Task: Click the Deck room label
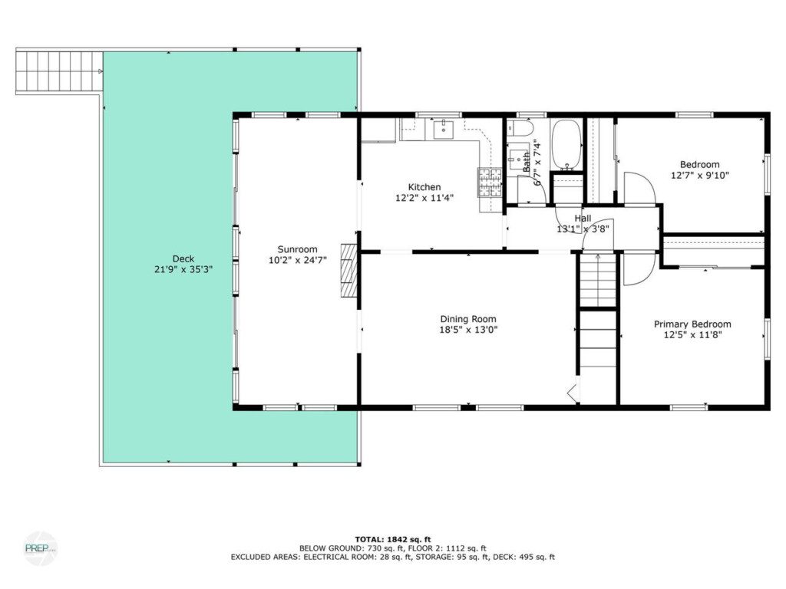coord(183,259)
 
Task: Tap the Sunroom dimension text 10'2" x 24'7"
coord(298,260)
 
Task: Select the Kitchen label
coord(424,187)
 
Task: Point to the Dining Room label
coord(468,318)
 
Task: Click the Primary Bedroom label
coord(692,324)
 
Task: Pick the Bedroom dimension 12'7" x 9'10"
coord(700,176)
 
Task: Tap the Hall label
coord(583,219)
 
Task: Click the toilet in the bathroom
coord(519,128)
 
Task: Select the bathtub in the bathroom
coord(566,144)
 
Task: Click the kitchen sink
coord(444,129)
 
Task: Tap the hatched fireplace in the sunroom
coord(349,271)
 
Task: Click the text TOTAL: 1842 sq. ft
coord(393,539)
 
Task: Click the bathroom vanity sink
coord(515,160)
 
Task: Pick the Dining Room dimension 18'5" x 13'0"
coord(468,330)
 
